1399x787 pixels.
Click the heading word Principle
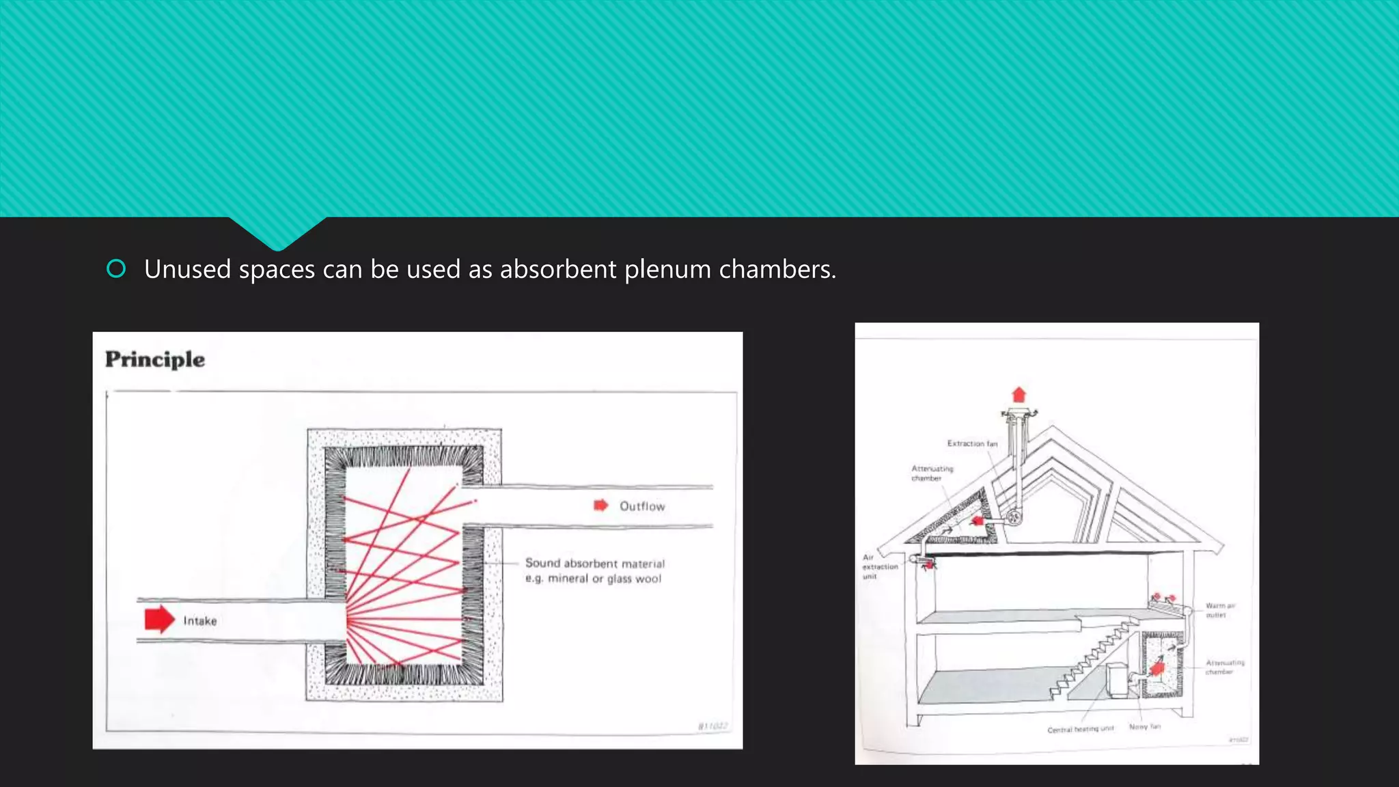tap(155, 359)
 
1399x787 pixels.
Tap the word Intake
tap(200, 621)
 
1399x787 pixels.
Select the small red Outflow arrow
tap(600, 506)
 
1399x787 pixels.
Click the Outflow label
tap(642, 506)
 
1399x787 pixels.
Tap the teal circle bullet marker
tap(116, 269)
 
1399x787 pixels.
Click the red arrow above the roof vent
tap(1019, 395)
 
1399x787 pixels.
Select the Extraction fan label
tap(972, 443)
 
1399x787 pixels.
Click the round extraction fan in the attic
tap(1014, 517)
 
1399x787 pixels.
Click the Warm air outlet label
tap(1220, 610)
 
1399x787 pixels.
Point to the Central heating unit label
tap(1080, 730)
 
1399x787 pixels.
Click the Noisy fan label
tap(1144, 727)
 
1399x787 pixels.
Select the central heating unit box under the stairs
tap(1117, 680)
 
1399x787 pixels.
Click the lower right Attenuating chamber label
tap(1224, 667)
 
